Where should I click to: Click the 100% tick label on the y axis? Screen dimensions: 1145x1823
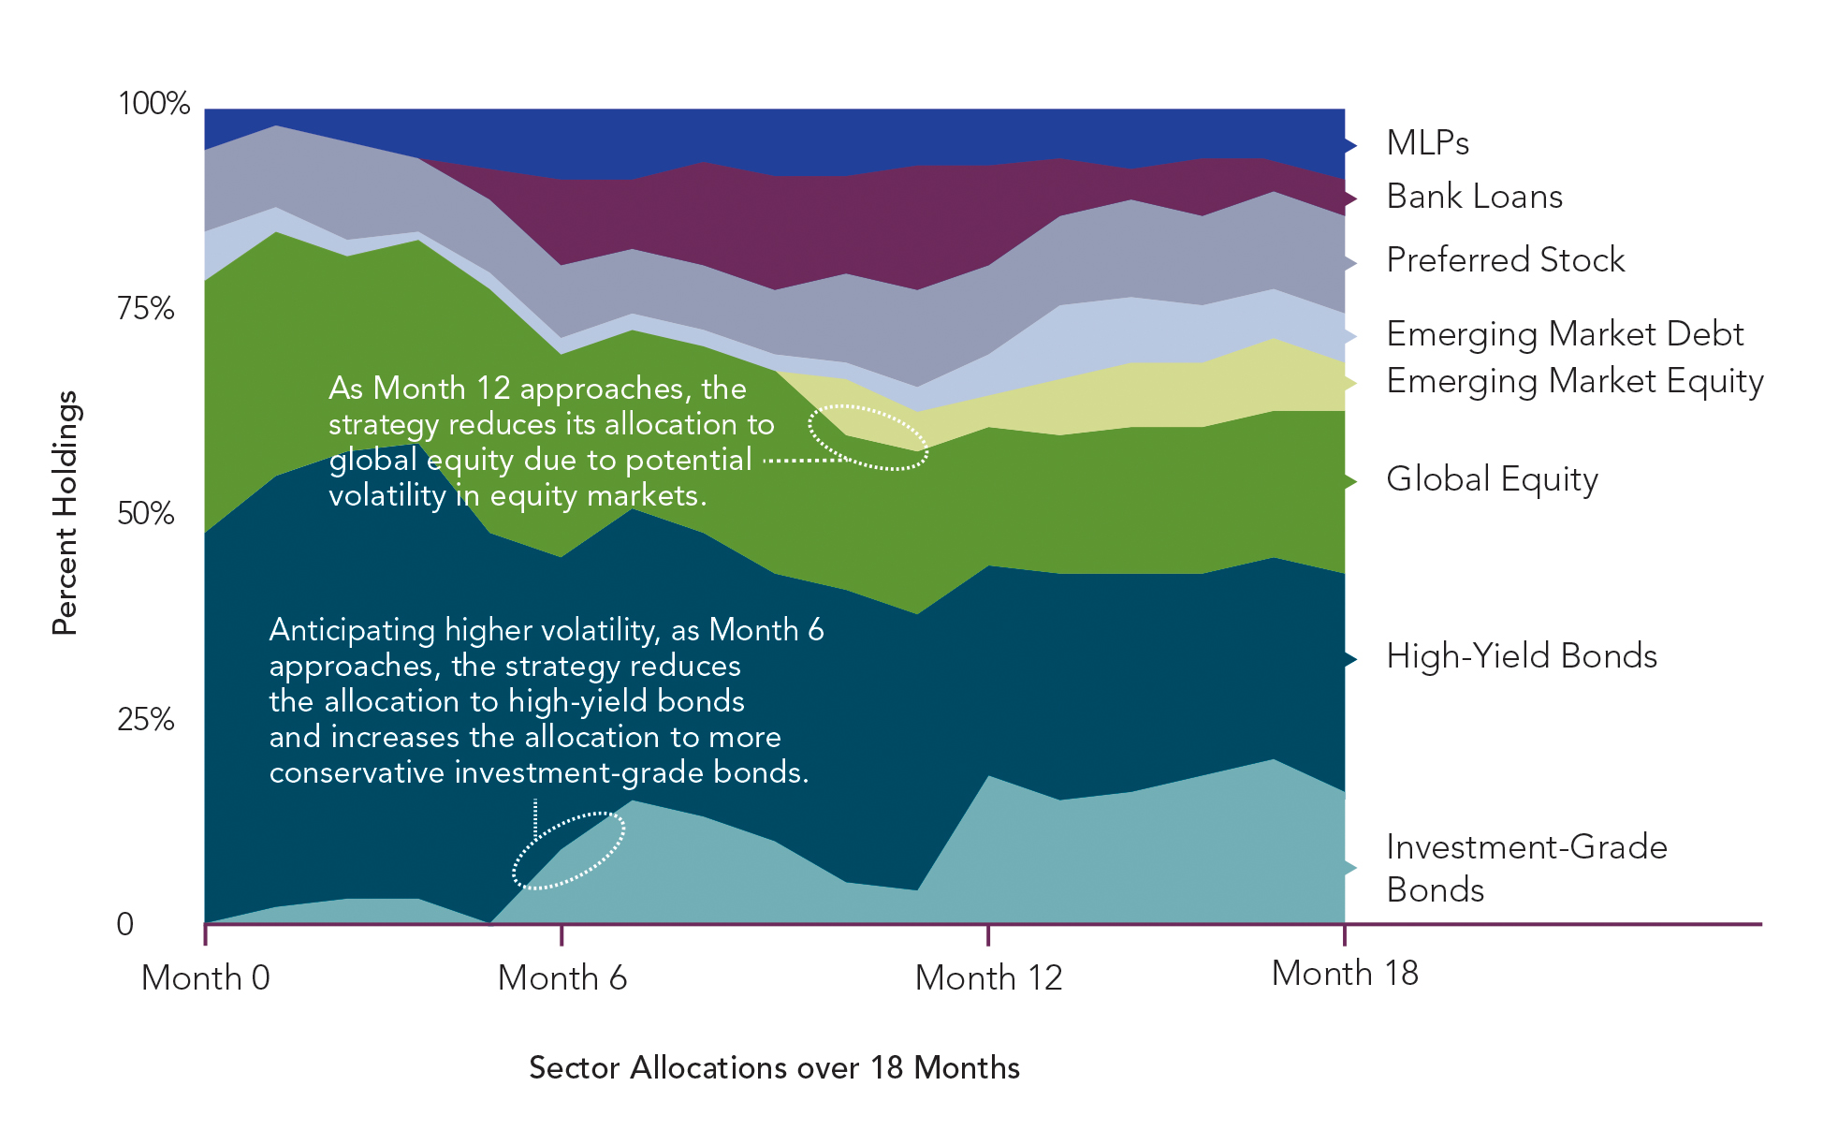(154, 103)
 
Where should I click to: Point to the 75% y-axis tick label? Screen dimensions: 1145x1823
(146, 308)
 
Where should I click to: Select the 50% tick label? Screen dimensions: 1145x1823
(146, 513)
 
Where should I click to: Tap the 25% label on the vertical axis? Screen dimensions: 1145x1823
(146, 719)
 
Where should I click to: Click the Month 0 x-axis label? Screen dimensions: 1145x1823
(206, 977)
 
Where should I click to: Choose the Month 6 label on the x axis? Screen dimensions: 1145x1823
(561, 977)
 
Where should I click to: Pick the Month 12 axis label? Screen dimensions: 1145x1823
(988, 977)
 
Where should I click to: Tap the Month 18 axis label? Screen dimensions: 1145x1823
(1345, 974)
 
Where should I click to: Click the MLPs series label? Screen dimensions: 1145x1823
(1427, 143)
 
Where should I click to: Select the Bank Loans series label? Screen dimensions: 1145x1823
(1474, 197)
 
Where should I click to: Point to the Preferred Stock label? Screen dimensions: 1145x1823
(1505, 259)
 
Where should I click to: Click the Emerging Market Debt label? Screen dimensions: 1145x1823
(1565, 333)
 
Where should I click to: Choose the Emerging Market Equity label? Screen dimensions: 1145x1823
(1574, 381)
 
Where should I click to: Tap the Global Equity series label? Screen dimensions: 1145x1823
(1492, 478)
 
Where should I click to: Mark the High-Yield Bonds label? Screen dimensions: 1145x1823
(1521, 655)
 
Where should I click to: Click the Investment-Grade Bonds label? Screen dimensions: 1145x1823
(1525, 868)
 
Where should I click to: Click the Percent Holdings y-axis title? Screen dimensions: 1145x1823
(65, 513)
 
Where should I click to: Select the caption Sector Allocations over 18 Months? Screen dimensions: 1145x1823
(774, 1067)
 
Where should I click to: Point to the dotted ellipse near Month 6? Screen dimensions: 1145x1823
(569, 850)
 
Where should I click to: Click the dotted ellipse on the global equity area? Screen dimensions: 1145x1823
(868, 437)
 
